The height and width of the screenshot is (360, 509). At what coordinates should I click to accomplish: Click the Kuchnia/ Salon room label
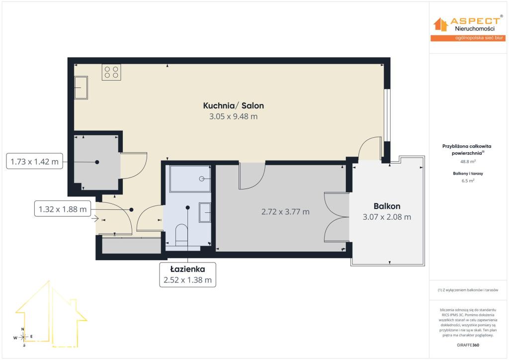[x=234, y=105]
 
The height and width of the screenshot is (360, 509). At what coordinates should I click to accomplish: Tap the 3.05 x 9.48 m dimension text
[x=234, y=116]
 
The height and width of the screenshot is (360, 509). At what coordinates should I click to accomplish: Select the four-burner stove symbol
[x=111, y=72]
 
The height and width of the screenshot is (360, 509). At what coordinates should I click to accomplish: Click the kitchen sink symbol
[x=81, y=88]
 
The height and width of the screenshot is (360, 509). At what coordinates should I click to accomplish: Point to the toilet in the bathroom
[x=181, y=234]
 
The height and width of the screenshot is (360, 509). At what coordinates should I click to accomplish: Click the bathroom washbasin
[x=205, y=213]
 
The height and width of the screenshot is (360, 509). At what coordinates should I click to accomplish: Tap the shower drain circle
[x=202, y=179]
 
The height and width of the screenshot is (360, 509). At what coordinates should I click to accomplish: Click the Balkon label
[x=387, y=206]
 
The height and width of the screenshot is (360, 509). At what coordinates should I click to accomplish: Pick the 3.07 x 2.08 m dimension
[x=387, y=217]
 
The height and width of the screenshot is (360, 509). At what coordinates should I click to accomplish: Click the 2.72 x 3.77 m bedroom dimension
[x=286, y=212]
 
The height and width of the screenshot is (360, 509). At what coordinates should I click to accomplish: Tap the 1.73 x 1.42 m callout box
[x=35, y=161]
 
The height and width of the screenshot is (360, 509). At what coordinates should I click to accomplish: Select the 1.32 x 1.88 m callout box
[x=63, y=209]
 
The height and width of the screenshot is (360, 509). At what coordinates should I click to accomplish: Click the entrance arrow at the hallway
[x=95, y=218]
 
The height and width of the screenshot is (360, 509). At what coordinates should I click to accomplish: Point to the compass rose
[x=23, y=337]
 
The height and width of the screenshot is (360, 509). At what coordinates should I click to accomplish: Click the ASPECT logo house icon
[x=441, y=24]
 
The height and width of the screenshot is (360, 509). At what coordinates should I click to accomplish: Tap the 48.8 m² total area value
[x=468, y=161]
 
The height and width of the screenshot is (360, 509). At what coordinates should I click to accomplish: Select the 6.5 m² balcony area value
[x=468, y=181]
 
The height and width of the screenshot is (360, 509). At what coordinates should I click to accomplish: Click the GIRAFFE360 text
[x=468, y=345]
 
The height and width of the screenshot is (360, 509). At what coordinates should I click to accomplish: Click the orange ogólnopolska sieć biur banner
[x=468, y=38]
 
